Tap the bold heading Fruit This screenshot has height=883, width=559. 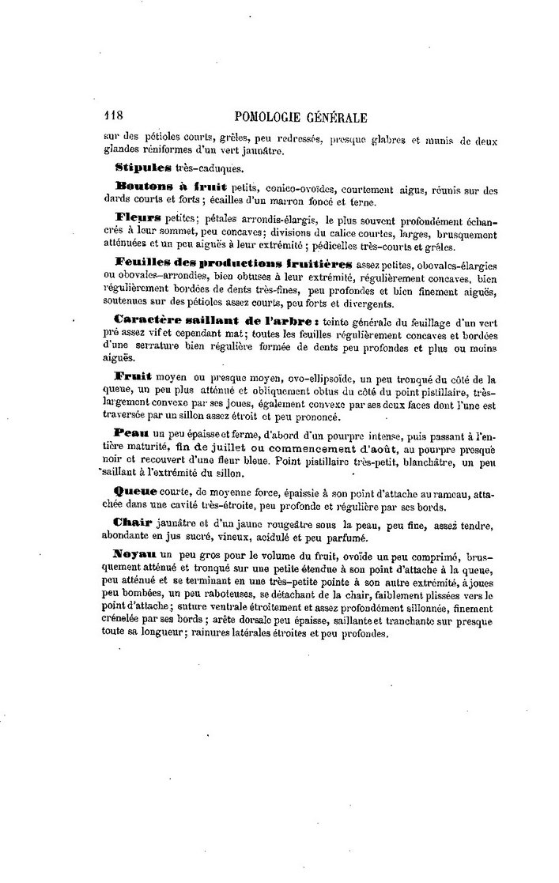[134, 376]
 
